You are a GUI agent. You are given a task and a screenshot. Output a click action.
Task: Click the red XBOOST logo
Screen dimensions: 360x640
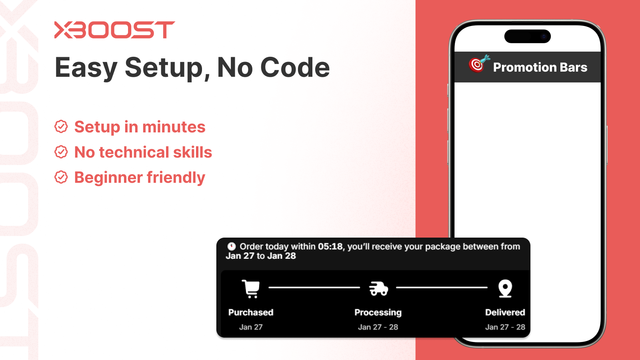pyautogui.click(x=114, y=30)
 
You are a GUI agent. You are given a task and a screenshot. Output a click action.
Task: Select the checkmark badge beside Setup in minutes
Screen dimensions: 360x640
pyautogui.click(x=61, y=127)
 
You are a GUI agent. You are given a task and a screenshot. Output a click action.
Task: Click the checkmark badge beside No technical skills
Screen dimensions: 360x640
pyautogui.click(x=61, y=152)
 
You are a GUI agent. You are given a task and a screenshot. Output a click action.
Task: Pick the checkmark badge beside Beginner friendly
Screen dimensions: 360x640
pyautogui.click(x=61, y=177)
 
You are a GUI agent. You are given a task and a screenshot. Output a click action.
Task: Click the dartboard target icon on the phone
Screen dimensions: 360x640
pyautogui.click(x=478, y=64)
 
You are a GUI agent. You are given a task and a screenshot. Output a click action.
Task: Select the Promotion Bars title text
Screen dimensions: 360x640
pyautogui.click(x=540, y=67)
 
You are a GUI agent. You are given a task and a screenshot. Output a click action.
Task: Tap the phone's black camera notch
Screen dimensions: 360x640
pyautogui.click(x=527, y=36)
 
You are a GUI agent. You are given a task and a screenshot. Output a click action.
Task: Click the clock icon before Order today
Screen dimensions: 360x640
pyautogui.click(x=232, y=246)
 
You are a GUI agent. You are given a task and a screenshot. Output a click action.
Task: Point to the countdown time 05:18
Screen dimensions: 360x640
pyautogui.click(x=330, y=246)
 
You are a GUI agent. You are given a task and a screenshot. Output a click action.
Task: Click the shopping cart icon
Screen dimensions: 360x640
pyautogui.click(x=251, y=288)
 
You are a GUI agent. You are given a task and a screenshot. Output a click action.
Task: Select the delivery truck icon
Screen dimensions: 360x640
pyautogui.click(x=378, y=288)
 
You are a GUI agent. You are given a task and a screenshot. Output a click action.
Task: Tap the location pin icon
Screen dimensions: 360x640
pyautogui.click(x=505, y=288)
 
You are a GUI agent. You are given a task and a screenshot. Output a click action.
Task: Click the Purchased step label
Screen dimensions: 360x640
pyautogui.click(x=251, y=312)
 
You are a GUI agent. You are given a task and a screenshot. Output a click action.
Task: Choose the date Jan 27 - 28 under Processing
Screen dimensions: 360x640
pyautogui.click(x=378, y=327)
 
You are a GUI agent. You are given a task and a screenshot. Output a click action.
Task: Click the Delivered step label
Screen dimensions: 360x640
pyautogui.click(x=505, y=312)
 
